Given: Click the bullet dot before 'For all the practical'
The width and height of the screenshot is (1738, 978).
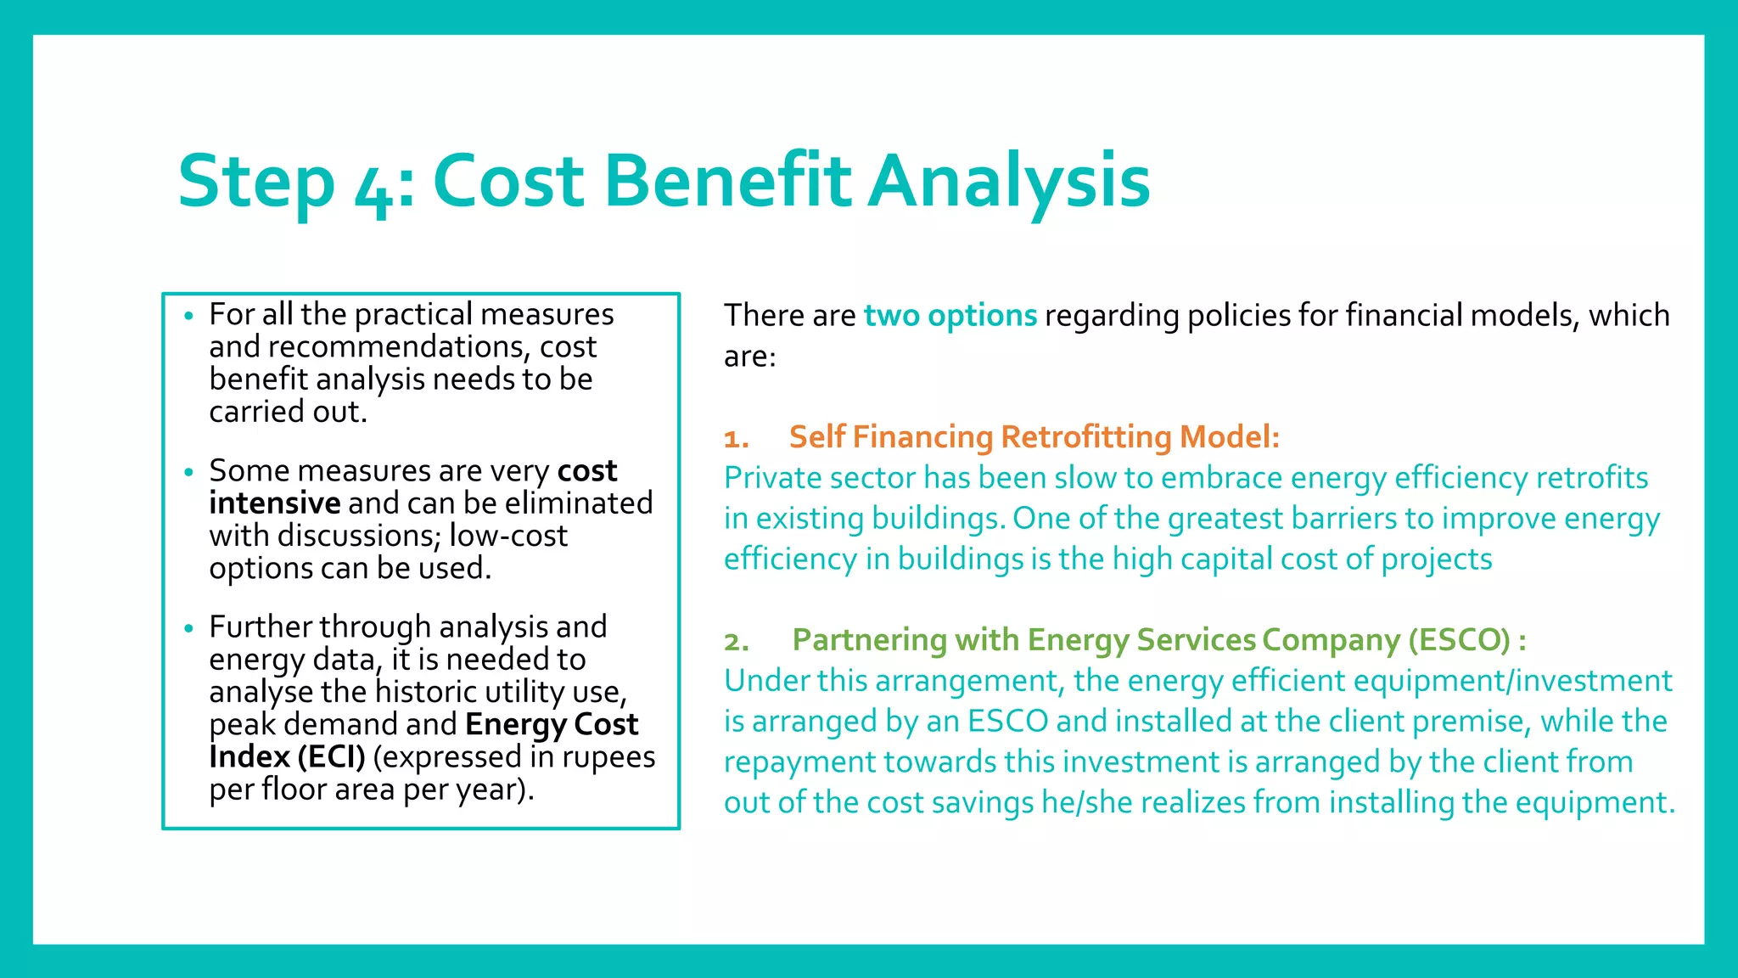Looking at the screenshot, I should click(x=188, y=317).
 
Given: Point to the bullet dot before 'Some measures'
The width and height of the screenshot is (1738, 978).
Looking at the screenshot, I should click(x=188, y=473).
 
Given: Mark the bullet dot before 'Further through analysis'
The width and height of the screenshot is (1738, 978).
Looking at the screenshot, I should click(x=188, y=629).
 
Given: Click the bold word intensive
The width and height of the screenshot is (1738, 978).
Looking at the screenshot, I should click(x=275, y=503).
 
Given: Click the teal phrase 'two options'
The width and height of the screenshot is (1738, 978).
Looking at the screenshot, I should click(x=950, y=315).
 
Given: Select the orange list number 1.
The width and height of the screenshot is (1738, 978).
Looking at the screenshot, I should click(x=735, y=439).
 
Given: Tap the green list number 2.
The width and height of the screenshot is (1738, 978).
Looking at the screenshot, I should click(x=736, y=642).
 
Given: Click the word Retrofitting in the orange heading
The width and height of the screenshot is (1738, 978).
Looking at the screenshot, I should click(x=1087, y=437).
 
